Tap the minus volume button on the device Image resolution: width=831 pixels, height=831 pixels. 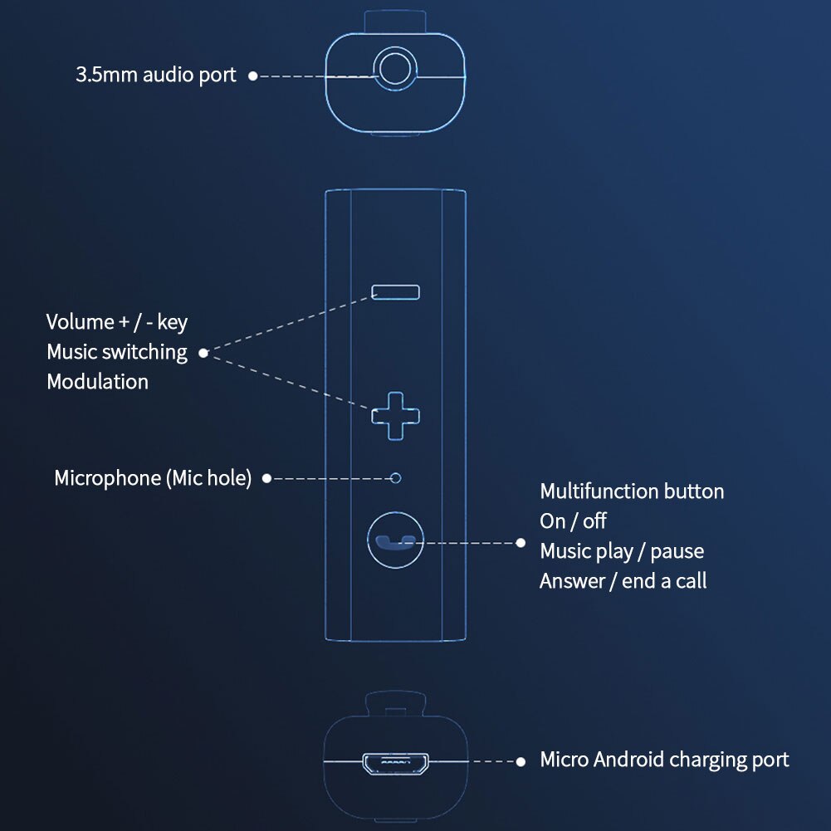(396, 291)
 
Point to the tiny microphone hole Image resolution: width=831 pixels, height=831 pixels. (396, 478)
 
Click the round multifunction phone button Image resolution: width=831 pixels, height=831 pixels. (394, 540)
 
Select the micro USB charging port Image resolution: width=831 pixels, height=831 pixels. (395, 762)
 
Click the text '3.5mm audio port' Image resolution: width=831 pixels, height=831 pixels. (156, 75)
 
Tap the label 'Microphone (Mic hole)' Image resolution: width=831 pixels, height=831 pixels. (153, 478)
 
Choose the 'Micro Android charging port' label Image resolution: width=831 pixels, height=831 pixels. (664, 760)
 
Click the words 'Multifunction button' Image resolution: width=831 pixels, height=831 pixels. (632, 491)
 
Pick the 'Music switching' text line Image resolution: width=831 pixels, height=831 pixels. (117, 352)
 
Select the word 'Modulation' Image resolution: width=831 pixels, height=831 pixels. (98, 382)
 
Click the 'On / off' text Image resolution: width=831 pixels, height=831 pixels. (573, 521)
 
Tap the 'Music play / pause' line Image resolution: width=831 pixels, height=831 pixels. (622, 551)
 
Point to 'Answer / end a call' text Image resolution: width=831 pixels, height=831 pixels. (623, 581)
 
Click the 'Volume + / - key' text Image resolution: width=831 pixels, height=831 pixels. (117, 322)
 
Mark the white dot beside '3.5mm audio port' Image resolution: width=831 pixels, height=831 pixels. (252, 76)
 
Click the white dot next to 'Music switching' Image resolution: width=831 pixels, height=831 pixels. (203, 353)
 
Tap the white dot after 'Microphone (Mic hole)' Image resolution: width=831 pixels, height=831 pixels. (266, 478)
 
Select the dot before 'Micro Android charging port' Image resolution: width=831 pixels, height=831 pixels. (521, 760)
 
